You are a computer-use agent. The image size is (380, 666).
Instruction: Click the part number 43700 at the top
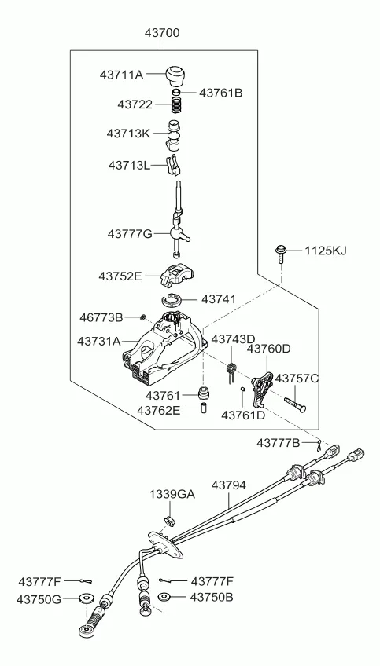pyautogui.click(x=162, y=34)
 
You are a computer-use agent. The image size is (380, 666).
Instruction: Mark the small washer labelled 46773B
pyautogui.click(x=142, y=317)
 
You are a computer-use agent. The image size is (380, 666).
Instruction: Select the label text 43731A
pyautogui.click(x=99, y=342)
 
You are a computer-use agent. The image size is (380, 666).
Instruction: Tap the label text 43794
pyautogui.click(x=229, y=486)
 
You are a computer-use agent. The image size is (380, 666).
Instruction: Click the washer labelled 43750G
pyautogui.click(x=83, y=599)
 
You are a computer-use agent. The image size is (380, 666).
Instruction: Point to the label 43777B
pyautogui.click(x=278, y=444)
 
